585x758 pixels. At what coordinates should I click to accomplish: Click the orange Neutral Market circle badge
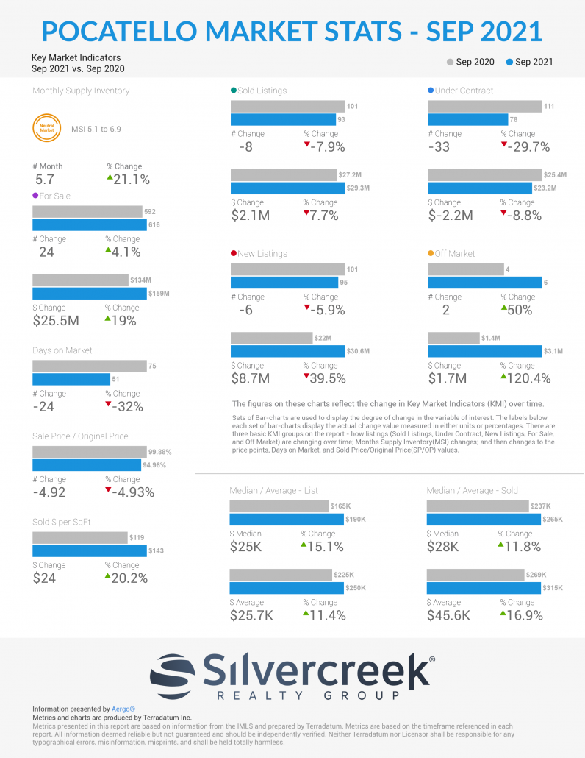(47, 128)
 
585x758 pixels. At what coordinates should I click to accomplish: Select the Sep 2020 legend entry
(470, 62)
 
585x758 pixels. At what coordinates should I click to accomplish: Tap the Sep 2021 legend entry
(529, 62)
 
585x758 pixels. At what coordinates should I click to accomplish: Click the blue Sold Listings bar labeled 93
(284, 119)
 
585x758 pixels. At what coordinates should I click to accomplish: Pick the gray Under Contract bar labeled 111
(485, 107)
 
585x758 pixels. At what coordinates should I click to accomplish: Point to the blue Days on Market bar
(71, 379)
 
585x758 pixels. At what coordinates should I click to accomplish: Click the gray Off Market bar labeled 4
(466, 269)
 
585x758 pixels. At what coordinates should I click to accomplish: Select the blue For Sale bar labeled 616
(90, 224)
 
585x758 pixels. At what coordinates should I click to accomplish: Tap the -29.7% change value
(528, 147)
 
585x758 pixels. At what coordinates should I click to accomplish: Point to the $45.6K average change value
(448, 615)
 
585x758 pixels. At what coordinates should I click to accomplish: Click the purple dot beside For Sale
(35, 196)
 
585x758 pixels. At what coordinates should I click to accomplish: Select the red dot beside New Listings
(234, 253)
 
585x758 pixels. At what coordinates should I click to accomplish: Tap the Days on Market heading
(62, 350)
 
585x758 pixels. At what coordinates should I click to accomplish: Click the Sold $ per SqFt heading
(61, 522)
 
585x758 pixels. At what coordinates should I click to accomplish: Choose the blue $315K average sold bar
(484, 588)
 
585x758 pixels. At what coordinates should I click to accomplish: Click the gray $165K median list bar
(279, 506)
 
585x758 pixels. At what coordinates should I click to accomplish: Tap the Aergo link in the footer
(123, 709)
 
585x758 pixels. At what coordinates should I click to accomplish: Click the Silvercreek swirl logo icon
(172, 676)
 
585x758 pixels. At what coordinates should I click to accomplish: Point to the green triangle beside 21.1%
(110, 178)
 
